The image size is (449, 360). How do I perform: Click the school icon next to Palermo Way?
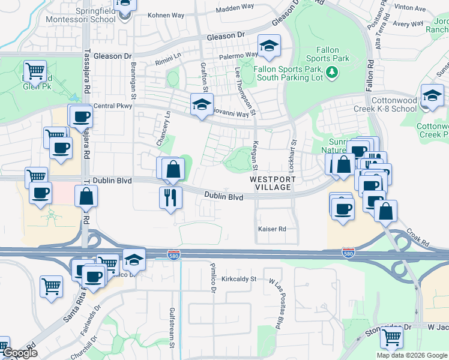pyautogui.click(x=270, y=46)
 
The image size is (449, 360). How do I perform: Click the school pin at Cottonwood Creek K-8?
pyautogui.click(x=432, y=96)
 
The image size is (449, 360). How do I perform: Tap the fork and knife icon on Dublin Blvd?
pyautogui.click(x=170, y=196)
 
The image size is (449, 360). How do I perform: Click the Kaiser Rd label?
pyautogui.click(x=272, y=229)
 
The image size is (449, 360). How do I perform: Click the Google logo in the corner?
pyautogui.click(x=19, y=353)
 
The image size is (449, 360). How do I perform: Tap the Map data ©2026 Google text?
pyautogui.click(x=412, y=355)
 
